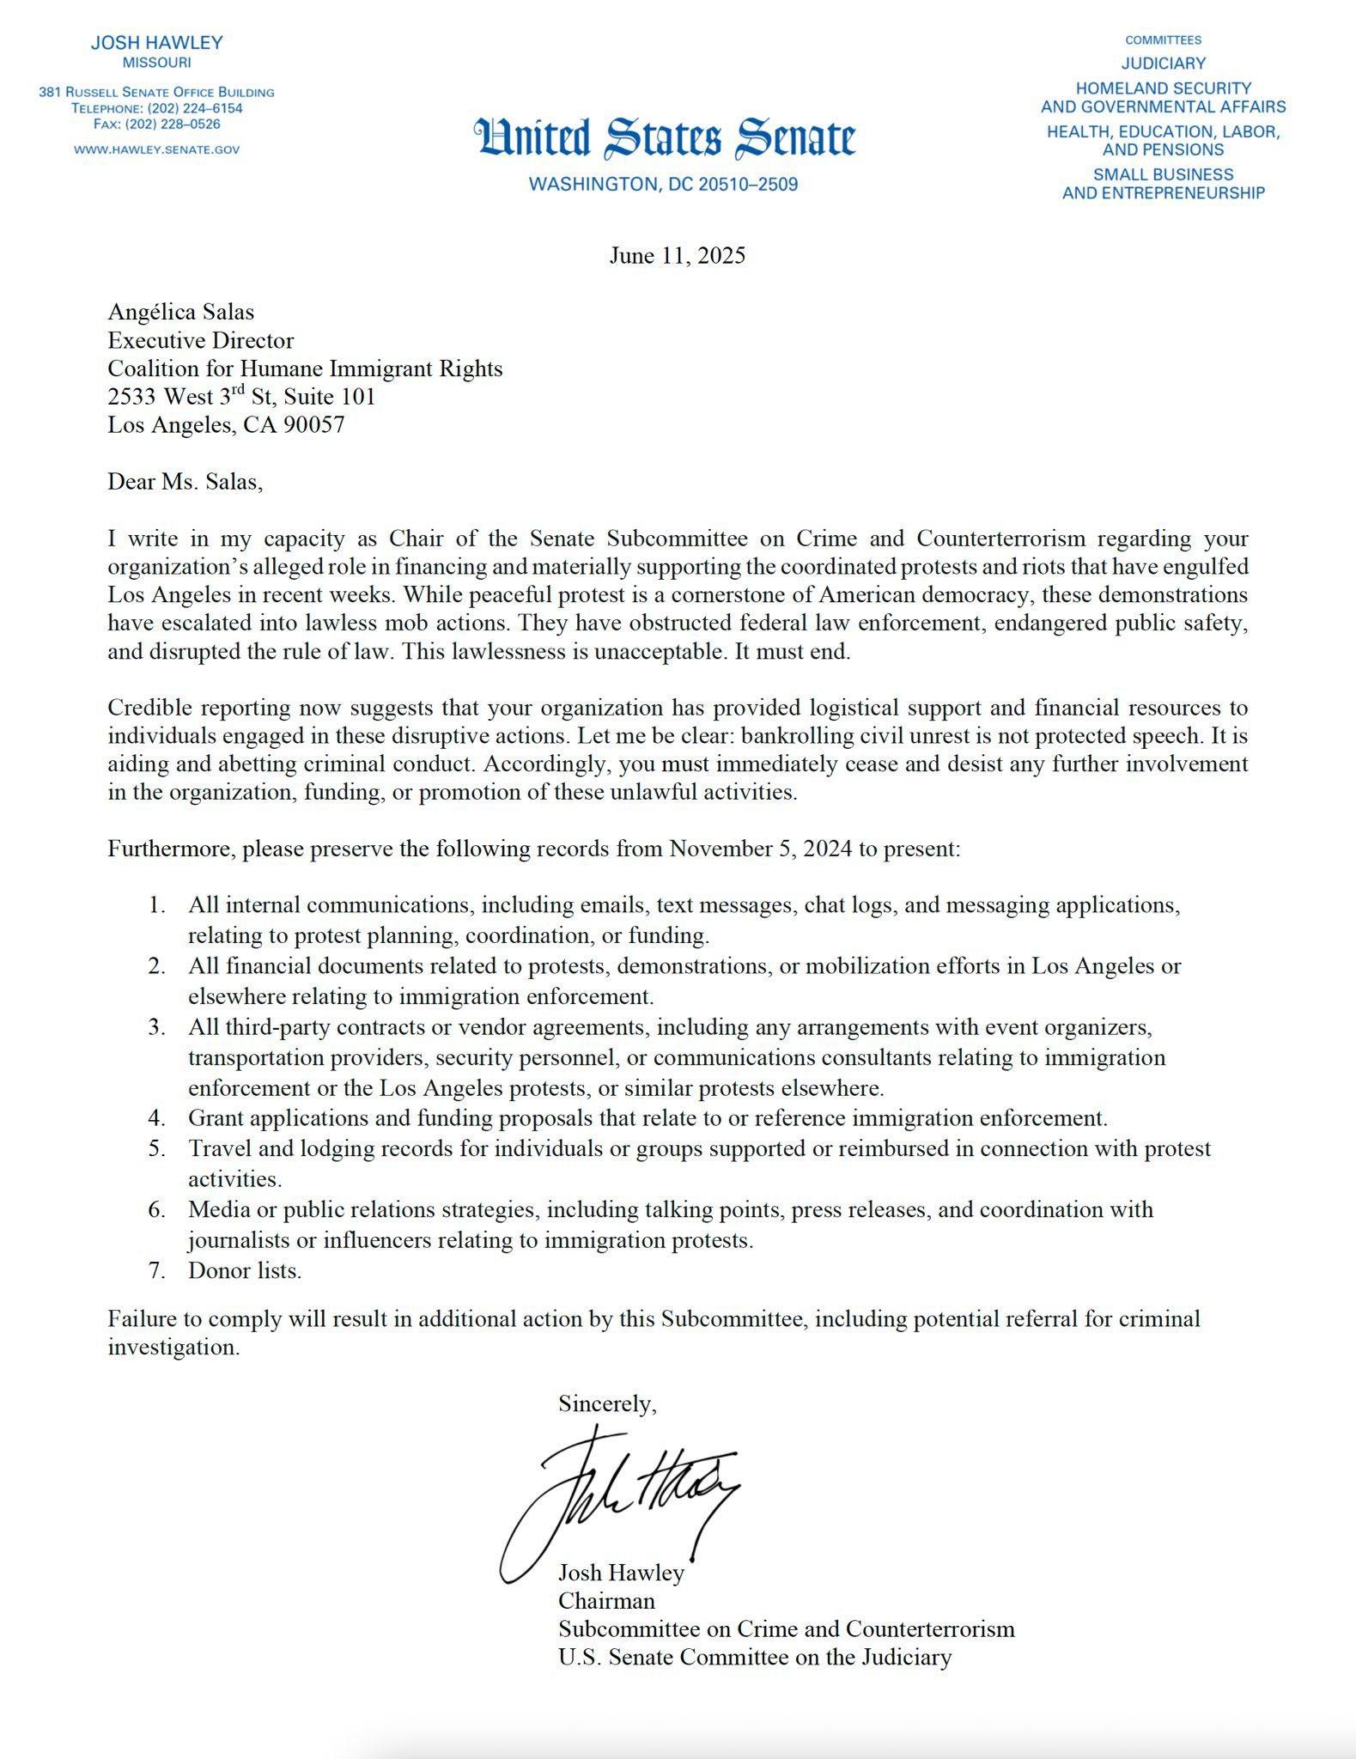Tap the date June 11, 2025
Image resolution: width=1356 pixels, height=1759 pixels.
point(678,256)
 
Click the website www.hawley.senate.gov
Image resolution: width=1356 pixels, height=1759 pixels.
point(157,149)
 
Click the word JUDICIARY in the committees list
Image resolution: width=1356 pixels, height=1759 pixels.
point(1163,64)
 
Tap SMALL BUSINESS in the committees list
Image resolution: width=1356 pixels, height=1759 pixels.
point(1163,174)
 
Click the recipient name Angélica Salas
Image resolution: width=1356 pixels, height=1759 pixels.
point(180,312)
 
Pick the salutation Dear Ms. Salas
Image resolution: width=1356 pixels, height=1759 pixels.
point(185,482)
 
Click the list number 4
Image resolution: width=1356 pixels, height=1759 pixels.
point(156,1118)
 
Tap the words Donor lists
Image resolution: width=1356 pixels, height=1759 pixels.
point(245,1271)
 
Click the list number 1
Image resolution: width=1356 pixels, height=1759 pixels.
point(156,905)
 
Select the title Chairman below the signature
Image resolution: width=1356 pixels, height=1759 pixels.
point(606,1601)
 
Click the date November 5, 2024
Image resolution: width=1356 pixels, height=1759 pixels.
point(760,849)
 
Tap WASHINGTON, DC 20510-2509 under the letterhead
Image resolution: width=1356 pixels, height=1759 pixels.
point(663,185)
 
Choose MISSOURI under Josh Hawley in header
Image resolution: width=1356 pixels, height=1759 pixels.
point(157,63)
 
